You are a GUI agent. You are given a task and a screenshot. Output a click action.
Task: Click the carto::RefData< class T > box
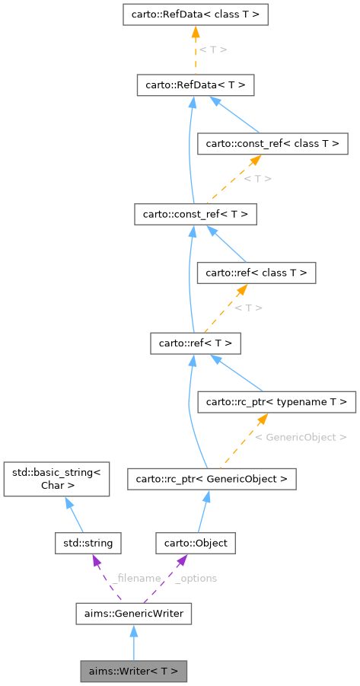point(195,14)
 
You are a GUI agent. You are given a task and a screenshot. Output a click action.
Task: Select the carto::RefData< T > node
point(195,85)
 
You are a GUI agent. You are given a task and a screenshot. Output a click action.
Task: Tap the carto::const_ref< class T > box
point(272,142)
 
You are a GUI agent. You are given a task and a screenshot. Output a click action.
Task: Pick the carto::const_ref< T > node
point(195,214)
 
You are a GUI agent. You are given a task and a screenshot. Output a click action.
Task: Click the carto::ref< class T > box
point(255,272)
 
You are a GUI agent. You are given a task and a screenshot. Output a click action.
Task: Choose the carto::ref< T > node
point(195,343)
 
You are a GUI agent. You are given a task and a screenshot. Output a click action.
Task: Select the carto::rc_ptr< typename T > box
point(276,401)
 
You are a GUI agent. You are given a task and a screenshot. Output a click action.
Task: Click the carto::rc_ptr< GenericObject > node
point(211,479)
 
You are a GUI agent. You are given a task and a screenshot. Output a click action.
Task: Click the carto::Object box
point(196,543)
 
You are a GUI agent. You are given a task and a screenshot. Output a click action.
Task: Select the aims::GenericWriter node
point(134,613)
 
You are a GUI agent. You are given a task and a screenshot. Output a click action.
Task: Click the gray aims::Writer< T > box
point(134,672)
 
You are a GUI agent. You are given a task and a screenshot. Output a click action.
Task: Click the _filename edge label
point(135,578)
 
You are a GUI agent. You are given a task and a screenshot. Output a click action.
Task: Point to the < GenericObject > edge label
point(301,437)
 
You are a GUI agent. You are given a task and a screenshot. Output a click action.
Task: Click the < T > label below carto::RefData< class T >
point(212,49)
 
